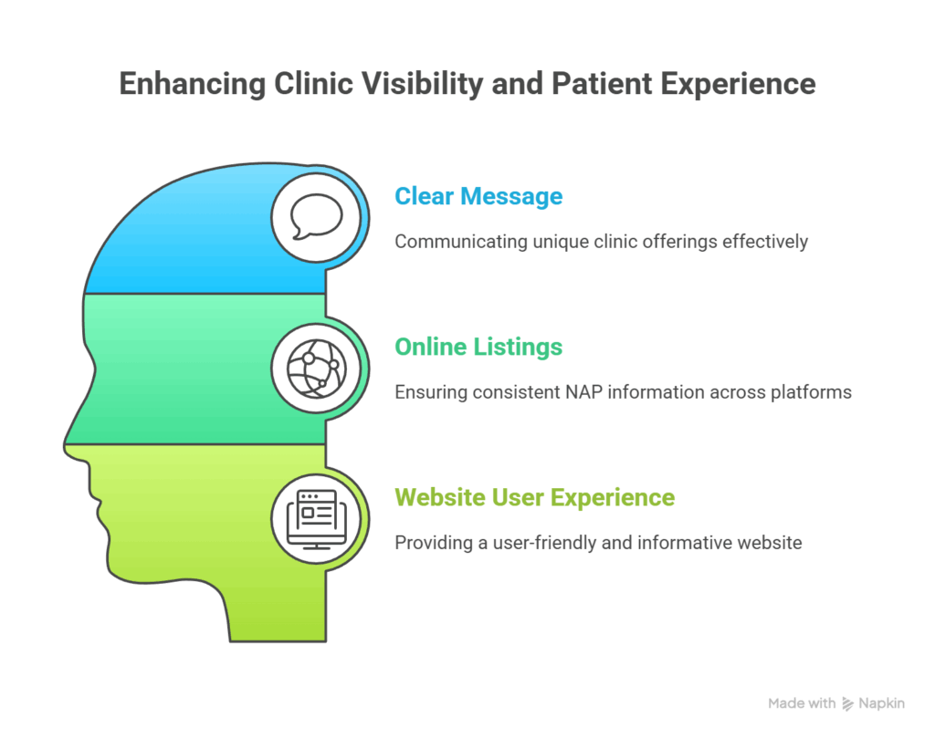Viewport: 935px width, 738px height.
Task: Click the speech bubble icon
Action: [x=316, y=217]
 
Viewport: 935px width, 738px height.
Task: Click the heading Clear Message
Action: [x=478, y=196]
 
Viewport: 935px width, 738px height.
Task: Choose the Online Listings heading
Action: [x=478, y=347]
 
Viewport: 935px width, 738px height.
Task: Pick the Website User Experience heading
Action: [x=534, y=497]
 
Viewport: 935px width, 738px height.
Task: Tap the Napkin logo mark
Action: [x=848, y=703]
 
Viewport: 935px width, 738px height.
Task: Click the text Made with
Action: [x=801, y=703]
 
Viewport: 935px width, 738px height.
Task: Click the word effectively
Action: [x=764, y=242]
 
